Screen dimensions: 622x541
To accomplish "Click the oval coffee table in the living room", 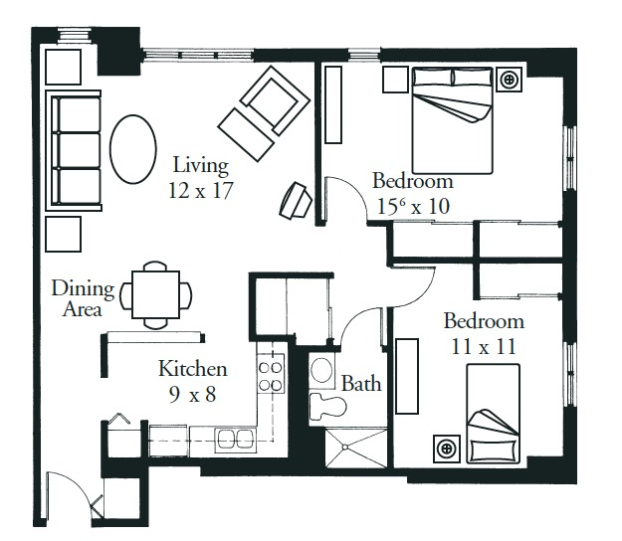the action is pyautogui.click(x=133, y=149).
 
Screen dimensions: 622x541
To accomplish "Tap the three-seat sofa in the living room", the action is pyautogui.click(x=74, y=150).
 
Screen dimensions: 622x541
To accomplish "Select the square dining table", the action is pyautogui.click(x=155, y=294).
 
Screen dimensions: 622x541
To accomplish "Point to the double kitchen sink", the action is pyautogui.click(x=236, y=440).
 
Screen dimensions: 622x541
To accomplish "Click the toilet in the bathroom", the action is pyautogui.click(x=326, y=406).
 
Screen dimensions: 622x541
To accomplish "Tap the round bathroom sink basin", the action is pyautogui.click(x=321, y=369).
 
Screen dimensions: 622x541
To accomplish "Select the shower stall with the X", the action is pyautogui.click(x=356, y=448).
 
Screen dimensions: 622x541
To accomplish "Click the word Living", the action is pyautogui.click(x=201, y=166).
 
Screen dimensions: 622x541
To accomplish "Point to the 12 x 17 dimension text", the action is pyautogui.click(x=200, y=191).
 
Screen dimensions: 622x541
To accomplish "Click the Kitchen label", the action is pyautogui.click(x=193, y=369).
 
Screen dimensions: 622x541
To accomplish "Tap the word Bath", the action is pyautogui.click(x=361, y=384).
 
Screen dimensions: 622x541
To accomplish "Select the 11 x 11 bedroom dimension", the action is pyautogui.click(x=484, y=346).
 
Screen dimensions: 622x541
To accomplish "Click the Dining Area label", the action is pyautogui.click(x=83, y=298).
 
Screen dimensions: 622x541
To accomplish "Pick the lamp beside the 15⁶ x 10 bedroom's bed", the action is pyautogui.click(x=509, y=80).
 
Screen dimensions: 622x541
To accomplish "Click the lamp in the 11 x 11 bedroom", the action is pyautogui.click(x=447, y=449).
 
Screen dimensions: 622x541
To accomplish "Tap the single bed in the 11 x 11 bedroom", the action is pyautogui.click(x=493, y=414).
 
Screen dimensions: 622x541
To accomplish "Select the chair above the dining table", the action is pyautogui.click(x=155, y=266).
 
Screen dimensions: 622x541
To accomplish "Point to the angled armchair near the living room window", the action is pyautogui.click(x=275, y=99).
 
